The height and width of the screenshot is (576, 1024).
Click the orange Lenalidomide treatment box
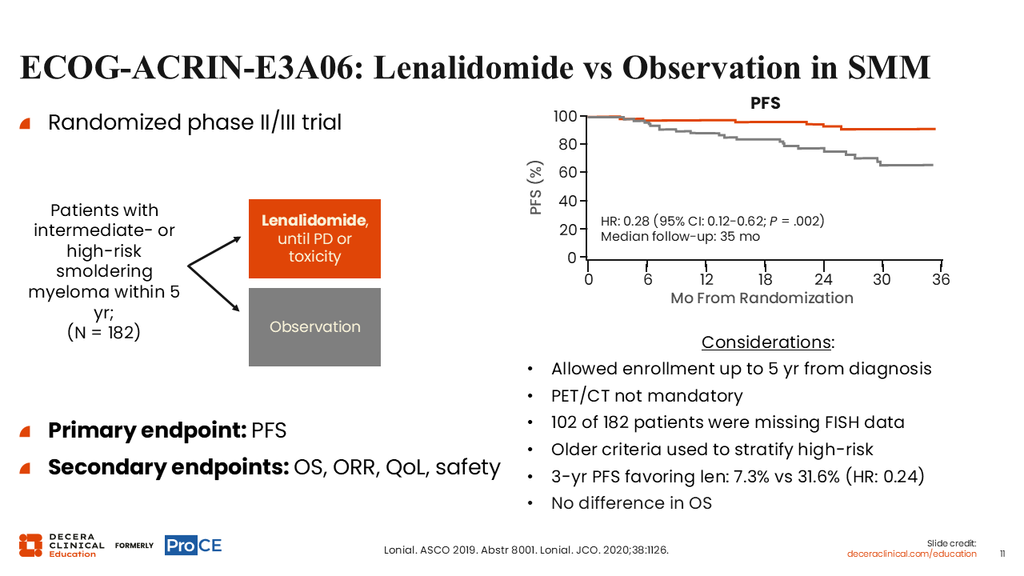point(314,238)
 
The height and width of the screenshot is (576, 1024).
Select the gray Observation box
point(314,327)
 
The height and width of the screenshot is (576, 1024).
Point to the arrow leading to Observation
point(214,288)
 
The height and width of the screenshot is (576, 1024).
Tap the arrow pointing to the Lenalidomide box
point(214,251)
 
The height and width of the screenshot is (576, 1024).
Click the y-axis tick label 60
point(568,172)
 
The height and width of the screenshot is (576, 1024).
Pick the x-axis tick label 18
point(765,279)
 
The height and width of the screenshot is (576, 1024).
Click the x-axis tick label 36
point(941,279)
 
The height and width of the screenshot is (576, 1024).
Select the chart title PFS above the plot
point(766,103)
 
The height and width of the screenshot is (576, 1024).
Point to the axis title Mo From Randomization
point(762,298)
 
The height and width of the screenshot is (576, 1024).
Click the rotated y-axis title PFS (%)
point(535,187)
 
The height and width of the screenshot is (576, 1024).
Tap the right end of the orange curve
point(935,129)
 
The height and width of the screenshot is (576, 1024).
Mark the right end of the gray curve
point(933,165)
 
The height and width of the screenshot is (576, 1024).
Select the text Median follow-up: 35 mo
point(680,237)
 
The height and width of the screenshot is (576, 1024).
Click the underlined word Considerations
point(766,342)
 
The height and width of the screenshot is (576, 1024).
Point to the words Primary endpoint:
point(148,430)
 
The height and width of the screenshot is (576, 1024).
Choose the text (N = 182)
point(104,332)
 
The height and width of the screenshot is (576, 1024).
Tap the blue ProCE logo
point(194,546)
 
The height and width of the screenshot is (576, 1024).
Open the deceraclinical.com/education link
point(911,554)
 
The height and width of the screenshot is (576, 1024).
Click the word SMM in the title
point(889,68)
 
